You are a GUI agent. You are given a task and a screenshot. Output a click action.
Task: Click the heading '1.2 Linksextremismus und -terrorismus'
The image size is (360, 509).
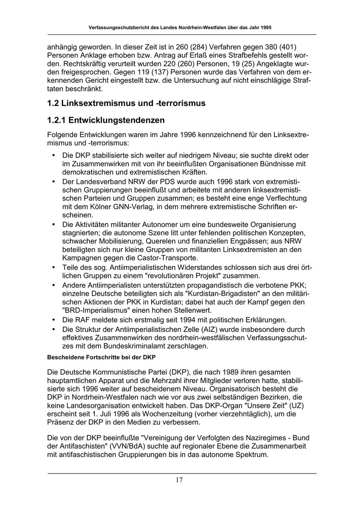126,103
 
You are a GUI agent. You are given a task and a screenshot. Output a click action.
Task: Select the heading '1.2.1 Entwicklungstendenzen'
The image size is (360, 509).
106,120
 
